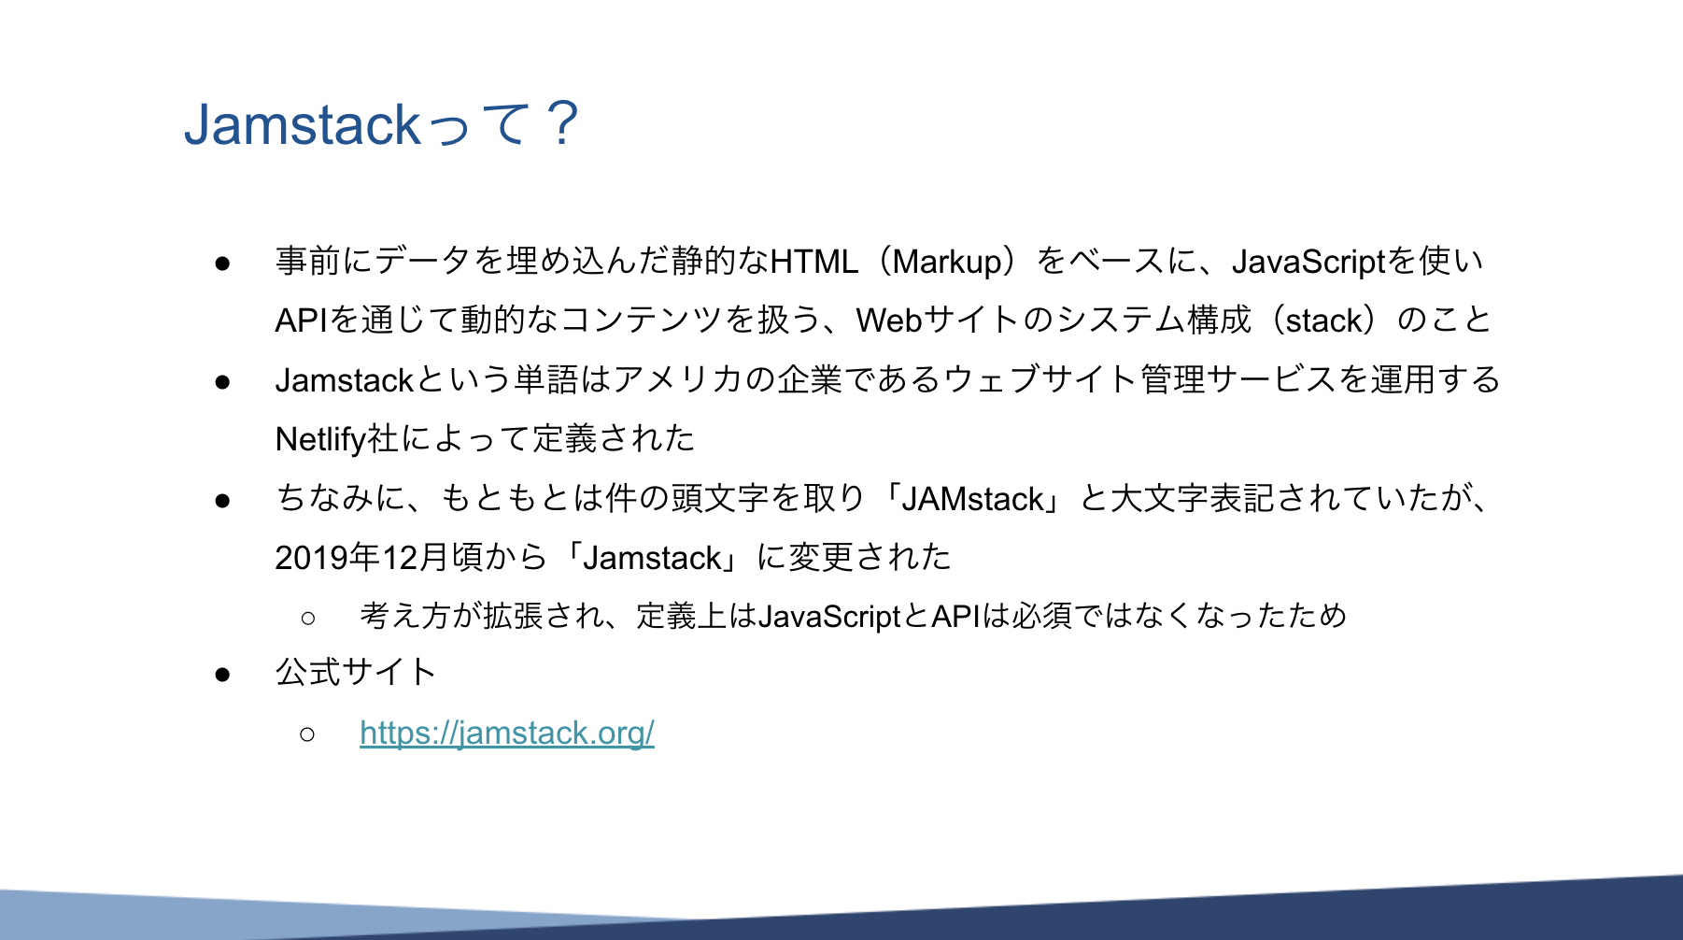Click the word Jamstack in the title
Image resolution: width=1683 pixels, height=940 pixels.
tap(303, 125)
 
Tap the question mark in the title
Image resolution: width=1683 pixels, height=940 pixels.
tap(563, 123)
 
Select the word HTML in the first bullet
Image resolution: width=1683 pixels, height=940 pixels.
tap(814, 261)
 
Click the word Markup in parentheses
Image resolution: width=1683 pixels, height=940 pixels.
tap(947, 262)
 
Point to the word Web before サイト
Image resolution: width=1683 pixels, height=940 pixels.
tap(890, 320)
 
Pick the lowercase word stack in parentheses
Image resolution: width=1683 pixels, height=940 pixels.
tap(1323, 320)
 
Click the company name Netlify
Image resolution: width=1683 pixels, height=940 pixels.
tap(320, 439)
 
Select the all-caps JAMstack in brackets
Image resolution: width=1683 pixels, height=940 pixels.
tap(973, 499)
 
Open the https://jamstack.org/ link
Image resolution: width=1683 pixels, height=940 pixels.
tap(507, 733)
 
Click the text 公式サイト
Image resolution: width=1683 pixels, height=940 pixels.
tap(356, 672)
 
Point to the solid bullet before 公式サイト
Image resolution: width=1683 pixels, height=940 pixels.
tap(222, 675)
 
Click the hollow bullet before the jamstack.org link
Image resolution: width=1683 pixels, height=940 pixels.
tap(307, 734)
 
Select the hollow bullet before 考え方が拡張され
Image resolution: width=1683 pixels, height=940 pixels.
tap(308, 618)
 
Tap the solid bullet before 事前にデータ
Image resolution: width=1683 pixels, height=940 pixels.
tap(222, 263)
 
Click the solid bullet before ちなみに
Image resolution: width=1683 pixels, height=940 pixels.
tap(222, 501)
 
